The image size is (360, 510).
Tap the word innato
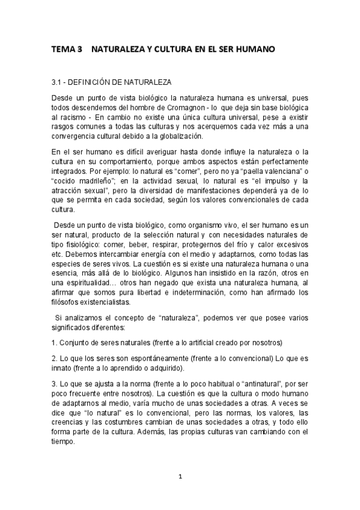point(63,368)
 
